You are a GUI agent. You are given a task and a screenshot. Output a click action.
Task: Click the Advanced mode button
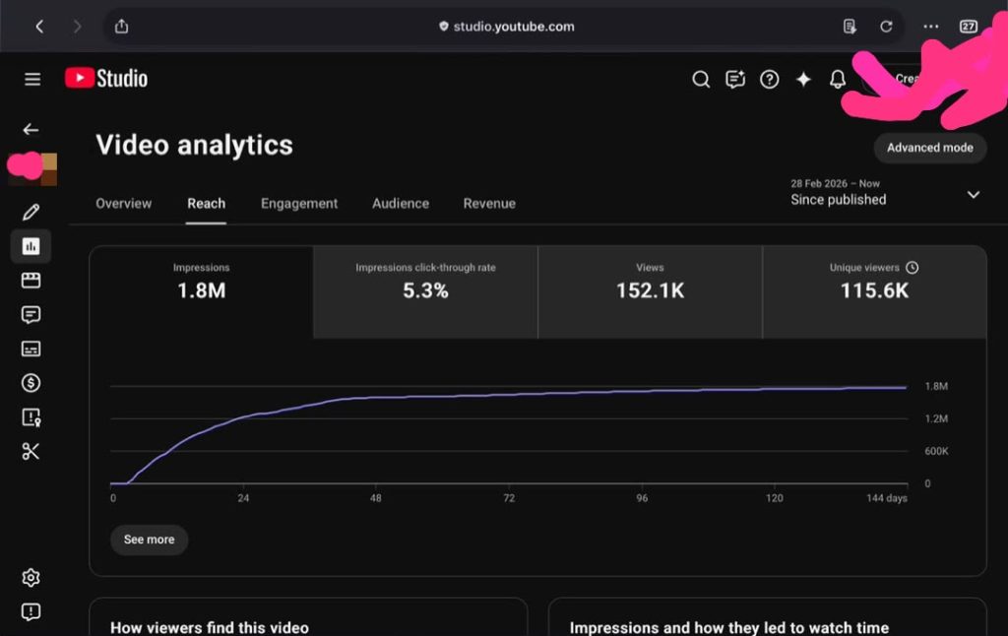click(x=929, y=148)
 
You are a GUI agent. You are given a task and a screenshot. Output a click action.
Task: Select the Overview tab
click(x=123, y=203)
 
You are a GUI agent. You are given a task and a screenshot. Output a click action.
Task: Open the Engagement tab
click(x=299, y=204)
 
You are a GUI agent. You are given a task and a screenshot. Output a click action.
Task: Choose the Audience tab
click(x=401, y=203)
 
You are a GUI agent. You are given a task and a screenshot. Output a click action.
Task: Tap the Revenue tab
click(x=489, y=203)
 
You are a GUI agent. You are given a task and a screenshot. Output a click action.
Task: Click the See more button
click(x=150, y=540)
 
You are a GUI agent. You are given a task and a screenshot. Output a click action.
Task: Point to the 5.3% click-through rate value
click(x=425, y=290)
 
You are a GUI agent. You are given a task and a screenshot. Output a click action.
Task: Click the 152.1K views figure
click(x=650, y=290)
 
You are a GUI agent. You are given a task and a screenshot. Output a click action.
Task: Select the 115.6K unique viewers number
click(x=874, y=290)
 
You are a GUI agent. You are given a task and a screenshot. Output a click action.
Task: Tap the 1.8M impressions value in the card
click(x=201, y=290)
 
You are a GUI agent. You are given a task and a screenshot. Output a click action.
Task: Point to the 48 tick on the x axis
click(x=375, y=498)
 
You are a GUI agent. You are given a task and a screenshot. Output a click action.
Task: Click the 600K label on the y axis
click(x=936, y=451)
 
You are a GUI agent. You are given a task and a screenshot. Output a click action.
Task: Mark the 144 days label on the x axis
click(x=887, y=498)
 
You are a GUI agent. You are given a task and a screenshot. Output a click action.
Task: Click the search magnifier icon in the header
click(x=701, y=79)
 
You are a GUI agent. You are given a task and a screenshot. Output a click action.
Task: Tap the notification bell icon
click(x=837, y=79)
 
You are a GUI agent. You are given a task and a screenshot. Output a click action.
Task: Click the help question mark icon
click(x=769, y=79)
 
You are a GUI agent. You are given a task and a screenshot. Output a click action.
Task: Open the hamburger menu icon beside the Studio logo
click(x=32, y=79)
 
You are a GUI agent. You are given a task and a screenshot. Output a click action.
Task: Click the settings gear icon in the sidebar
click(x=31, y=578)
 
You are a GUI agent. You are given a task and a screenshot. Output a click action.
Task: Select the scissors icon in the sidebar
click(x=31, y=452)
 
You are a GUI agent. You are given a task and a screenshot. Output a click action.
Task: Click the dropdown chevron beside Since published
click(x=974, y=194)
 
